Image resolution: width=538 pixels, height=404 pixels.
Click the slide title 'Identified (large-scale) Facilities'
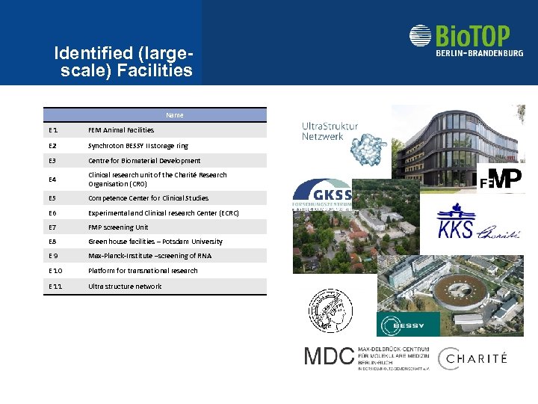click(123, 63)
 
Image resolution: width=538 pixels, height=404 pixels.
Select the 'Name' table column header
click(174, 115)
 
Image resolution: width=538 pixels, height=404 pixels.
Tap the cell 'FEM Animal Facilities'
click(121, 130)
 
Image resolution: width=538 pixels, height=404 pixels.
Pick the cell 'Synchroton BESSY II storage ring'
click(138, 146)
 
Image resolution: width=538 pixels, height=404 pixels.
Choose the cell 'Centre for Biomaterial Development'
click(144, 161)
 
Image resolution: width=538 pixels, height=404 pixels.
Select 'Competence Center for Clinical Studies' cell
click(149, 198)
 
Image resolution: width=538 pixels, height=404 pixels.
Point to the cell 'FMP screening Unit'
click(118, 227)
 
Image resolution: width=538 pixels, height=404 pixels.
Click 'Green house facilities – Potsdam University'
click(155, 242)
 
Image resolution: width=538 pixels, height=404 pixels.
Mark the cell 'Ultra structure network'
click(125, 287)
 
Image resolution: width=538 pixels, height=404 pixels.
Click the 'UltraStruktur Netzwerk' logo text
click(330, 132)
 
